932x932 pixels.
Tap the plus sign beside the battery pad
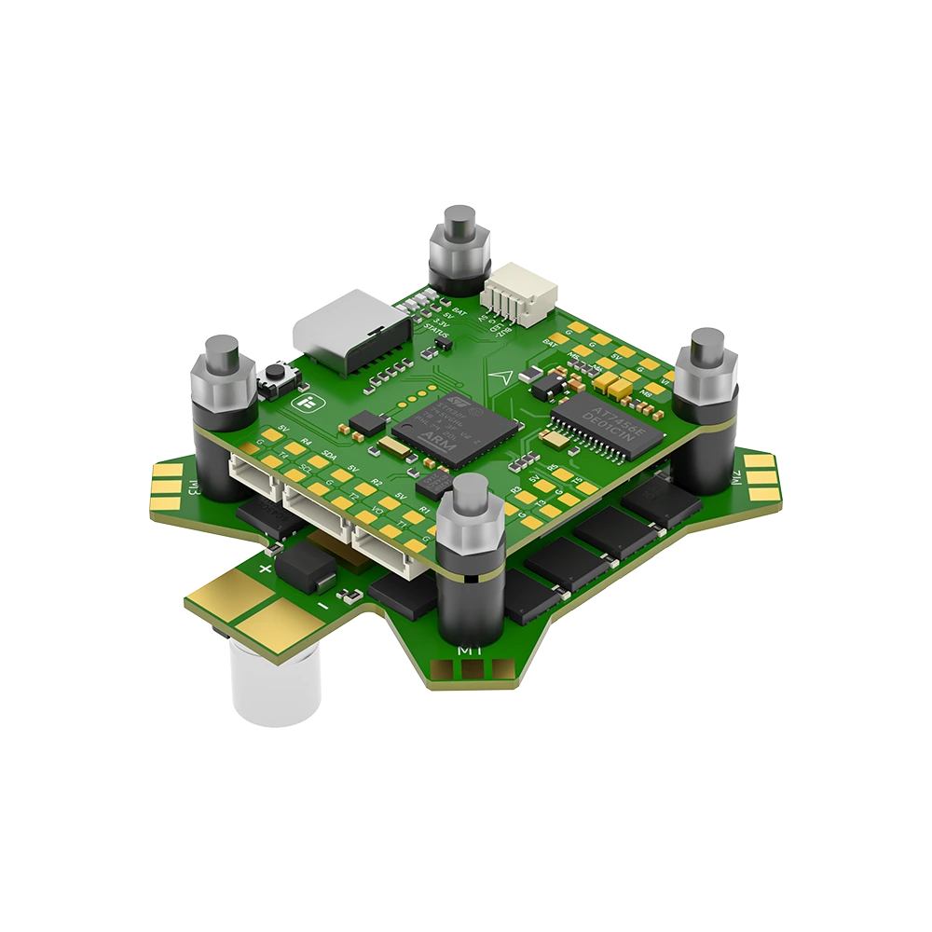click(267, 568)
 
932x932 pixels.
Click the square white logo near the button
click(304, 402)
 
